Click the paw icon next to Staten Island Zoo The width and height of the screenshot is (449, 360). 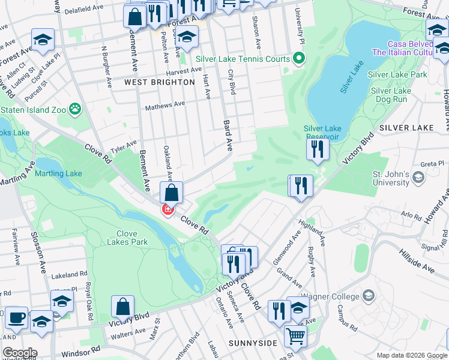pyautogui.click(x=75, y=109)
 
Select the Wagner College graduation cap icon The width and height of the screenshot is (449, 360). pyautogui.click(x=369, y=296)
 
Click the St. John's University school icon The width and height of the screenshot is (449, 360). pyautogui.click(x=419, y=178)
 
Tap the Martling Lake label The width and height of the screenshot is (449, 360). pyautogui.click(x=58, y=174)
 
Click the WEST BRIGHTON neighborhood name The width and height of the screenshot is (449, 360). pyautogui.click(x=159, y=82)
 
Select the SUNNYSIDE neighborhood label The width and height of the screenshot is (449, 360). pyautogui.click(x=253, y=343)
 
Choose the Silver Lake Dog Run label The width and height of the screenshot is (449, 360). pyautogui.click(x=391, y=95)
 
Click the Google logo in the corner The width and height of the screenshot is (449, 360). pyautogui.click(x=19, y=353)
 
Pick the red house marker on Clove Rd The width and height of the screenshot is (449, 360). pyautogui.click(x=167, y=209)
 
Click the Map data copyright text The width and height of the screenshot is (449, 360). pyautogui.click(x=412, y=355)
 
